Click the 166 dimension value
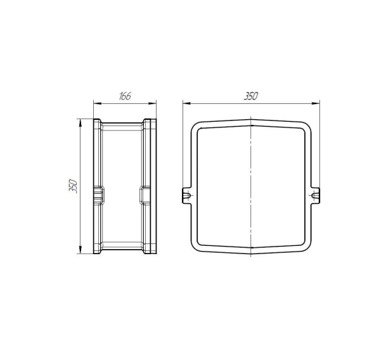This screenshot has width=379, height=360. pyautogui.click(x=125, y=96)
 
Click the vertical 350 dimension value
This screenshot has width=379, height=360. pyautogui.click(x=73, y=186)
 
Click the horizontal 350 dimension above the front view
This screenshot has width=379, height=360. pyautogui.click(x=251, y=96)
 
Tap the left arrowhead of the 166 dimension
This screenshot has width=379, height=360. pyautogui.click(x=97, y=104)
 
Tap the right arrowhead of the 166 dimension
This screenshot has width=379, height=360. pyautogui.click(x=153, y=104)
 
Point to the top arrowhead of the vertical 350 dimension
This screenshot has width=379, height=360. pyautogui.click(x=80, y=122)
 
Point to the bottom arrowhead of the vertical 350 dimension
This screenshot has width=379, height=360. pyautogui.click(x=80, y=250)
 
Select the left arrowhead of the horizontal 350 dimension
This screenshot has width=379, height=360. pyautogui.click(x=186, y=103)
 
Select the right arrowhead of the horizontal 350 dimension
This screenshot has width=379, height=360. pyautogui.click(x=316, y=103)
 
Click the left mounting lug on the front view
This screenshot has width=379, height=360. pyautogui.click(x=187, y=195)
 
